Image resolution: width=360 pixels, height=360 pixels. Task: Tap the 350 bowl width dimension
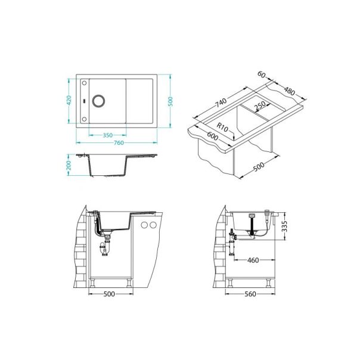tap(108, 135)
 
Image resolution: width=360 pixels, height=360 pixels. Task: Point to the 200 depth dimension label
tap(70, 165)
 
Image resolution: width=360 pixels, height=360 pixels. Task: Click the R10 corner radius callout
tap(224, 126)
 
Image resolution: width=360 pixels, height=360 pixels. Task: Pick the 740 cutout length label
tap(221, 103)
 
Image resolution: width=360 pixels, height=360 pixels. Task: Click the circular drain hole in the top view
tap(98, 100)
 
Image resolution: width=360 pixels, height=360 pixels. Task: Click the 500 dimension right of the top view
tap(170, 102)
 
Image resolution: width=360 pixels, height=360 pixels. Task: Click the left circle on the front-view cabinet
tap(145, 225)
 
